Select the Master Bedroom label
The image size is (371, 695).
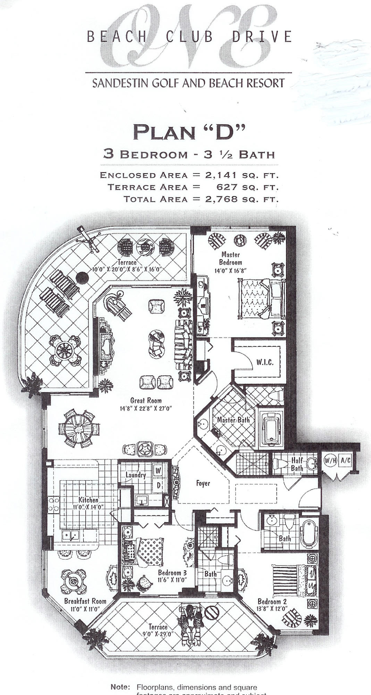pyautogui.click(x=230, y=259)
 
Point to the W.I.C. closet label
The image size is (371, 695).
pyautogui.click(x=265, y=362)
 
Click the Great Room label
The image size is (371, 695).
pyautogui.click(x=146, y=401)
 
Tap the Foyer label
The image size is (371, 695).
pyautogui.click(x=203, y=483)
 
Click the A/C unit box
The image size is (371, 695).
pyautogui.click(x=345, y=460)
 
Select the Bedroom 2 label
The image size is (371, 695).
pyautogui.click(x=272, y=602)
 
